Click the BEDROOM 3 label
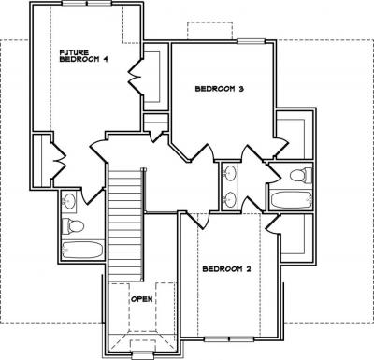[219, 89]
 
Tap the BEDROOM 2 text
[226, 269]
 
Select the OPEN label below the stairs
[142, 299]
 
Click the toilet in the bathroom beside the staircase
[73, 225]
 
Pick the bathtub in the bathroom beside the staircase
[82, 250]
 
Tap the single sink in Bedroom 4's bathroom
[69, 200]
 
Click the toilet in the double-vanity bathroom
[301, 175]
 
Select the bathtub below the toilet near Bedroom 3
[292, 200]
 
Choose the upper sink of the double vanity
[230, 173]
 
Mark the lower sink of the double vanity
[230, 199]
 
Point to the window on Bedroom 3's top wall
[251, 40]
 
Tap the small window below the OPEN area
[142, 354]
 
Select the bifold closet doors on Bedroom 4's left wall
[58, 161]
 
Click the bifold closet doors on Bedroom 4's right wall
[135, 77]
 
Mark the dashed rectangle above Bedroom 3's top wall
[209, 31]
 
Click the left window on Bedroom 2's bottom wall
[217, 338]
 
